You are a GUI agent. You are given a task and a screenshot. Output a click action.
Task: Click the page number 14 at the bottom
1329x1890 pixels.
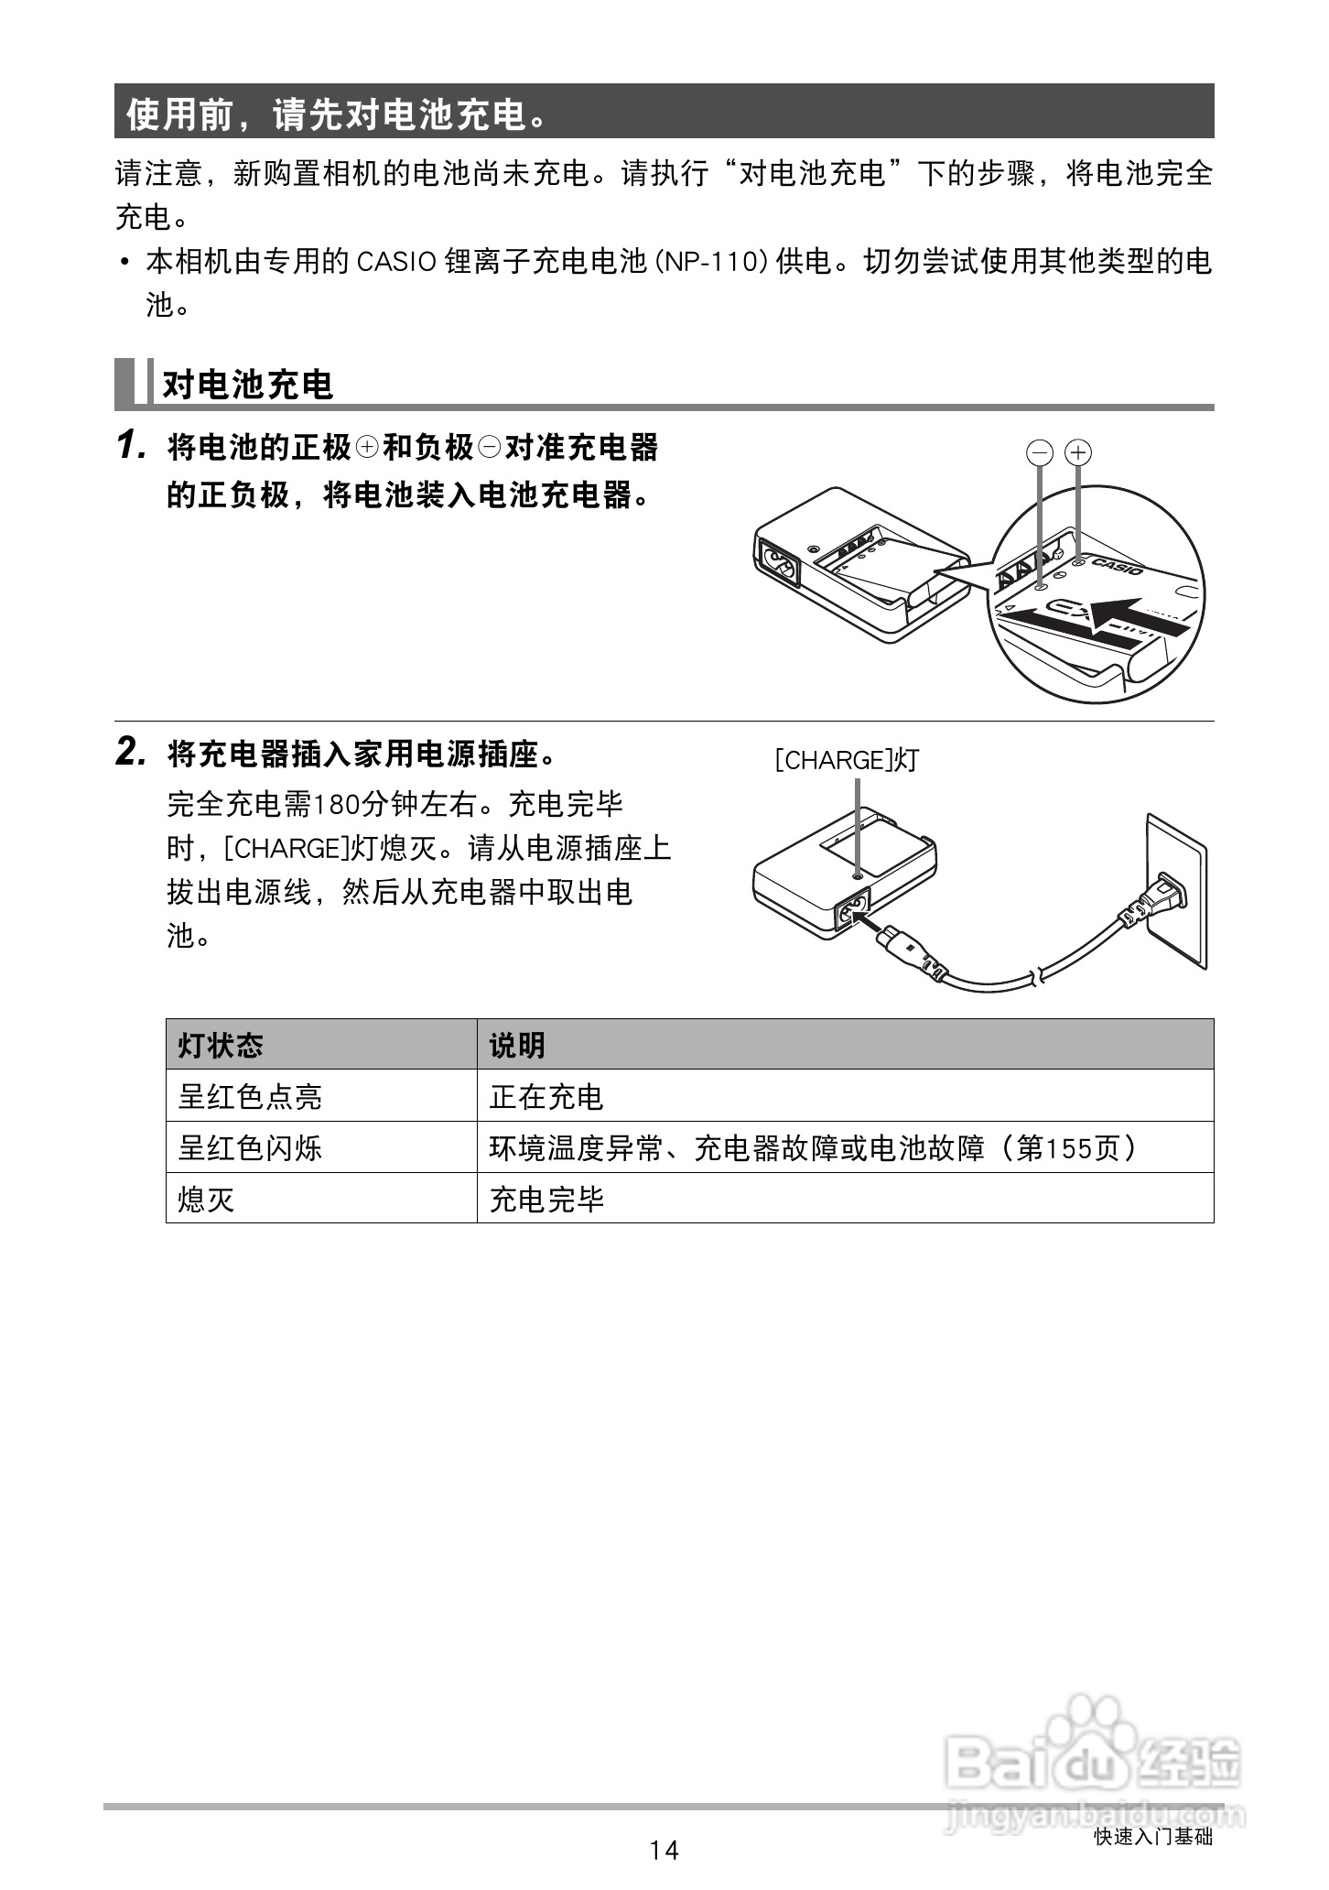click(x=664, y=1850)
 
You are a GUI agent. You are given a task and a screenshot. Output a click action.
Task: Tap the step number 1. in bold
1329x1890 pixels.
click(x=132, y=447)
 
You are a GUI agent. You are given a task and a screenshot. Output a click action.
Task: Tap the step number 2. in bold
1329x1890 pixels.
click(x=132, y=754)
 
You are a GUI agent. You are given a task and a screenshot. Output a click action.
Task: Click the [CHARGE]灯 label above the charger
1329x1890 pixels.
click(x=846, y=760)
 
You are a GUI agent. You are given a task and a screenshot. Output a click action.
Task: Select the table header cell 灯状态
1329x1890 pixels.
click(x=221, y=1045)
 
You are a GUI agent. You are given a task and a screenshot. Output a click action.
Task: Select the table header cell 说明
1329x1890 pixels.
click(x=517, y=1045)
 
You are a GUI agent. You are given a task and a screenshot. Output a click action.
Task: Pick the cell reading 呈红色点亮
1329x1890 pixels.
click(x=250, y=1096)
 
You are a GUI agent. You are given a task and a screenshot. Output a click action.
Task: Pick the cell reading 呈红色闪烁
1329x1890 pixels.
click(x=250, y=1147)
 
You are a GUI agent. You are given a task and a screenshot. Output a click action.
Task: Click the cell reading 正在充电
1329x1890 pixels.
click(x=546, y=1096)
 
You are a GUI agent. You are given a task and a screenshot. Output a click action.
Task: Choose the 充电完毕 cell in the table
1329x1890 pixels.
click(x=546, y=1199)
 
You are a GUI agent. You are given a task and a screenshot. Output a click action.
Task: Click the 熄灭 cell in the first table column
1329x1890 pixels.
click(x=207, y=1199)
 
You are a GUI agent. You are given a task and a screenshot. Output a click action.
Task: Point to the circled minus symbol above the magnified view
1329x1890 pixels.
click(x=1041, y=452)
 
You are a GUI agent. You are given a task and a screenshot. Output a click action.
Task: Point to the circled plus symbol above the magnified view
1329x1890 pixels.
click(x=1079, y=452)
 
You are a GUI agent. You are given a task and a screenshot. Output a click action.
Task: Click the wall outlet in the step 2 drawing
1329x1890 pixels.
click(x=1175, y=888)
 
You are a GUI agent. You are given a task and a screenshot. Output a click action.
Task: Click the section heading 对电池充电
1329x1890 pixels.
click(x=247, y=385)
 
